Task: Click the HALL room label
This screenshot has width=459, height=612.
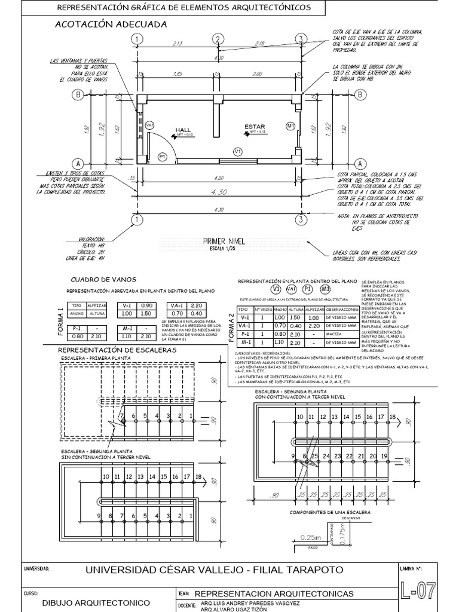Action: (x=182, y=130)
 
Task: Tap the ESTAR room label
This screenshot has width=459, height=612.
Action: (x=254, y=127)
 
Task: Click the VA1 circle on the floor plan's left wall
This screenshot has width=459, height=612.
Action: (x=149, y=124)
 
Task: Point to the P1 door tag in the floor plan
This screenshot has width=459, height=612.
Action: (x=161, y=156)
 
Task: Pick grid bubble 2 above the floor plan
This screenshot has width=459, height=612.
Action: (x=218, y=39)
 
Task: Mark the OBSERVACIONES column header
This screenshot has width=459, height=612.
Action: (x=338, y=310)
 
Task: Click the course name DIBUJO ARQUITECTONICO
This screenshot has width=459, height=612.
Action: (x=94, y=603)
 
